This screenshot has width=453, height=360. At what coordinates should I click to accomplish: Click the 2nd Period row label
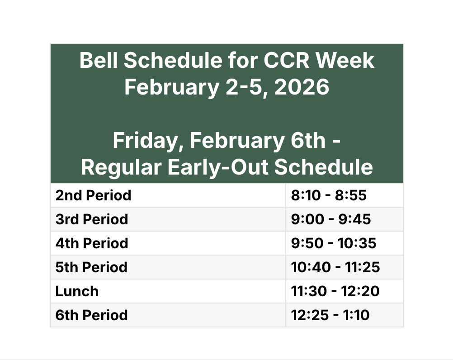[93, 195]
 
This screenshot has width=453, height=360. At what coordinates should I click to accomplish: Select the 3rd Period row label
[92, 219]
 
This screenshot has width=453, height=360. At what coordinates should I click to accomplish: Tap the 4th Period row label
[92, 243]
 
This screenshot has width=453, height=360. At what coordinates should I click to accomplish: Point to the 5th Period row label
[91, 267]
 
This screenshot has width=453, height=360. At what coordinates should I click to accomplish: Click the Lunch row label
[77, 291]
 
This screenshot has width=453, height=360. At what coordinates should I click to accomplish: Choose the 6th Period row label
[91, 315]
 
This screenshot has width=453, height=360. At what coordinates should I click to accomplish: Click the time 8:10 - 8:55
[329, 195]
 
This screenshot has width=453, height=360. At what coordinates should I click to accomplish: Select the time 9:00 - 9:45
[331, 219]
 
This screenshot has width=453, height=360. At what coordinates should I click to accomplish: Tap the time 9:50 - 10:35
[334, 243]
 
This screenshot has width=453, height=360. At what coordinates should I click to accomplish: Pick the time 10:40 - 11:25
[335, 267]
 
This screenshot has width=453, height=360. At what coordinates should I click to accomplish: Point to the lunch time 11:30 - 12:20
[335, 291]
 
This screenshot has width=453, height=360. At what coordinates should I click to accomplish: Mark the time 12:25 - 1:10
[330, 315]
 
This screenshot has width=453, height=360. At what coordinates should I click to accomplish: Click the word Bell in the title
[99, 61]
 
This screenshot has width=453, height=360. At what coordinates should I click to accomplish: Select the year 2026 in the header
[302, 87]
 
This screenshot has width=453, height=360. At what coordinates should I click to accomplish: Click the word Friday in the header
[148, 141]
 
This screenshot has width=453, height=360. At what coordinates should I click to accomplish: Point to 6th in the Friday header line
[308, 140]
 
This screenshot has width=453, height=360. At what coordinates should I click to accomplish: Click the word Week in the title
[345, 61]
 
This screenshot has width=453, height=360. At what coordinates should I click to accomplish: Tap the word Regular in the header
[121, 167]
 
